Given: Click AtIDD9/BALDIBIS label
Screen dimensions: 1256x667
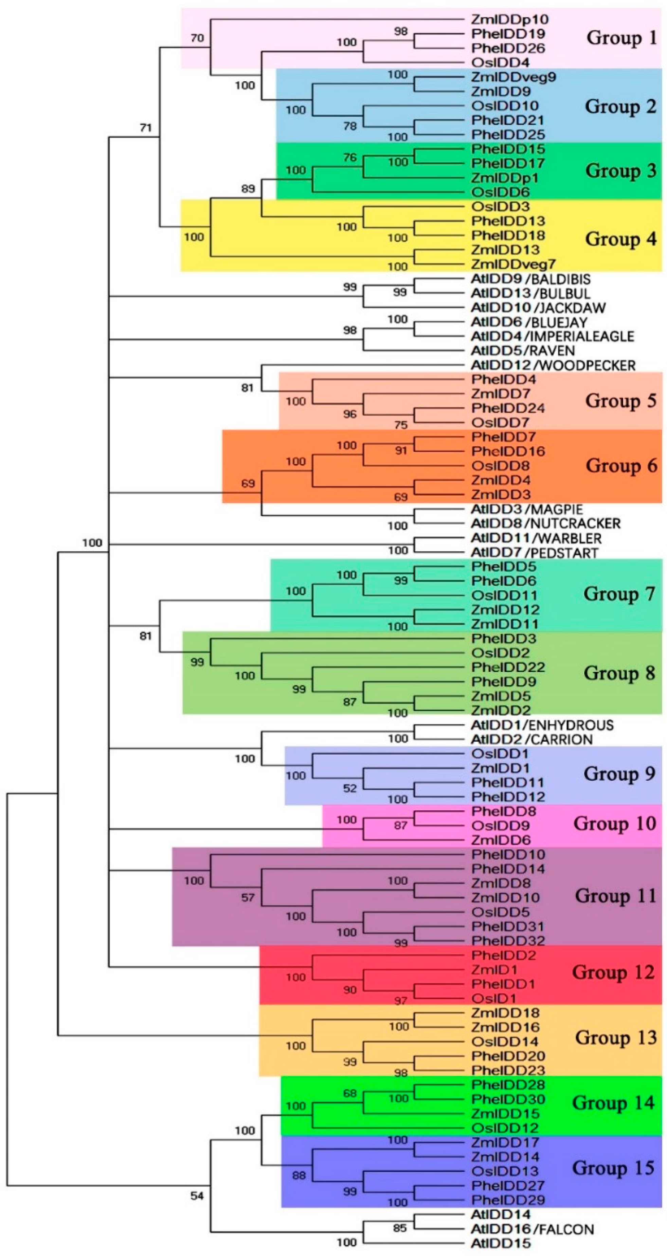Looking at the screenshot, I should pos(530,279).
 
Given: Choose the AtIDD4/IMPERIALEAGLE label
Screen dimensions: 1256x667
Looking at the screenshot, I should pos(552,337).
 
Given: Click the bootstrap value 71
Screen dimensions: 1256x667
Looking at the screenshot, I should pos(146,128).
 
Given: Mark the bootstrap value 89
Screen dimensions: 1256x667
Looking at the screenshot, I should pos(248,189).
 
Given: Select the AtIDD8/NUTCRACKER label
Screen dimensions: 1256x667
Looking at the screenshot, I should pos(545,524).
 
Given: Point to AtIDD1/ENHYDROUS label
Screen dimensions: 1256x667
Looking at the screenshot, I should pos(542,725).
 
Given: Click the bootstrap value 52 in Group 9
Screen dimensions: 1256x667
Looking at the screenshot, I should pos(350,788).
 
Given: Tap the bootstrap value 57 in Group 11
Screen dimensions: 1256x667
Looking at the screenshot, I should pos(248,898).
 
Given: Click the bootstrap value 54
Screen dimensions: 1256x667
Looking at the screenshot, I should pos(197,1195).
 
